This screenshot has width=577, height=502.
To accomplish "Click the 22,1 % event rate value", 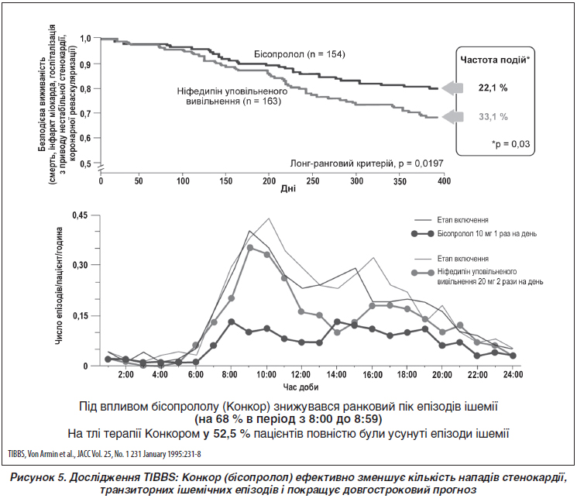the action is pyautogui.click(x=493, y=88).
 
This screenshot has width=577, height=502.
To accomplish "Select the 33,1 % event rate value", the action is pyautogui.click(x=493, y=117).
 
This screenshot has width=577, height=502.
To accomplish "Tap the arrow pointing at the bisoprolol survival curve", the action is pyautogui.click(x=452, y=88).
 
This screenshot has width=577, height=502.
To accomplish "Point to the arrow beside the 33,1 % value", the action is pyautogui.click(x=452, y=117).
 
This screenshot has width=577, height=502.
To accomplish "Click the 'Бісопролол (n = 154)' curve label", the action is pyautogui.click(x=300, y=54).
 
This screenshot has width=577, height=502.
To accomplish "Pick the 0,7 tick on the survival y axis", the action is pyautogui.click(x=85, y=113).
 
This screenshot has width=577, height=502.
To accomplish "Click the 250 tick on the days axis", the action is pyautogui.click(x=313, y=181).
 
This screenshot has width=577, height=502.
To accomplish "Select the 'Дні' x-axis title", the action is pyautogui.click(x=288, y=189).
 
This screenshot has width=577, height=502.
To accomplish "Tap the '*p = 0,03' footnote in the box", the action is pyautogui.click(x=510, y=143).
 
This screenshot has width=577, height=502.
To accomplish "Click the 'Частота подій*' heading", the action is pyautogui.click(x=495, y=60).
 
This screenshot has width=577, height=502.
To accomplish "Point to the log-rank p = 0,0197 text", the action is pyautogui.click(x=366, y=163).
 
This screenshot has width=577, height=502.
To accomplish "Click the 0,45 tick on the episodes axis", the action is pyautogui.click(x=80, y=215).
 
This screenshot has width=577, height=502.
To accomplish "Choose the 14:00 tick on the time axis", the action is pyautogui.click(x=336, y=375).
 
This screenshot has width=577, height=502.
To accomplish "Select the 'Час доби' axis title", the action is pyautogui.click(x=301, y=387).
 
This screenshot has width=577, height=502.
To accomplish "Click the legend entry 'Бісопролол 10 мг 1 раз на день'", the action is pyautogui.click(x=474, y=234).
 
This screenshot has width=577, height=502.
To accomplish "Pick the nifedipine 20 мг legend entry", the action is pyautogui.click(x=477, y=277).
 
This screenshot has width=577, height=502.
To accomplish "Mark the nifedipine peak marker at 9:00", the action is pyautogui.click(x=250, y=248).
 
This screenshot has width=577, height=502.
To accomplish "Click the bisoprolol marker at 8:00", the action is pyautogui.click(x=232, y=322).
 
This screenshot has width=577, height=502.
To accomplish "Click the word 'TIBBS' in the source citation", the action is pyautogui.click(x=15, y=454).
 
